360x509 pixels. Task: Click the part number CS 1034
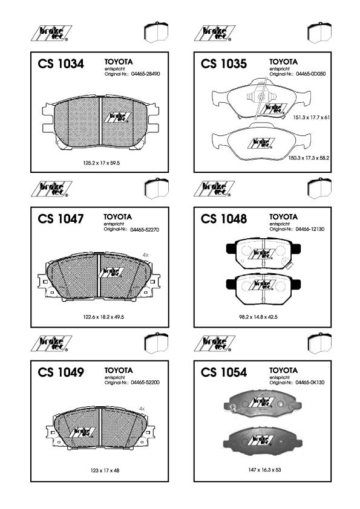[61, 63]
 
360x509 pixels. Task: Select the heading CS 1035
[224, 63]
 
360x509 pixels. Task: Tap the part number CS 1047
[61, 219]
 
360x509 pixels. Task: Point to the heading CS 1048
[224, 219]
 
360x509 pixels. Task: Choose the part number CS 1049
[61, 372]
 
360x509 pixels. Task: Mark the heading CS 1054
[224, 372]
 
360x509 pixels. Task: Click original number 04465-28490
[146, 74]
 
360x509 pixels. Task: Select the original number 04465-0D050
[310, 74]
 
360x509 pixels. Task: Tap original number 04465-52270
[145, 230]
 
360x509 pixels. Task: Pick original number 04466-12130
[310, 229]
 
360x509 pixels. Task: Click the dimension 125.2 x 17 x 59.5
[102, 163]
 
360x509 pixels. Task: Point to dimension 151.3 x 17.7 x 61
[311, 117]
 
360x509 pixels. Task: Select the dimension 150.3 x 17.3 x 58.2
[309, 158]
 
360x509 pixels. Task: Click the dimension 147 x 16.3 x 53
[264, 470]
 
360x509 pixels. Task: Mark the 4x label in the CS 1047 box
[146, 255]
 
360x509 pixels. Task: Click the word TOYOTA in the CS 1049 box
[119, 371]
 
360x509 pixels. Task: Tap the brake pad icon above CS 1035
[319, 33]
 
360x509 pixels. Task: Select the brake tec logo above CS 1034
[51, 33]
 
